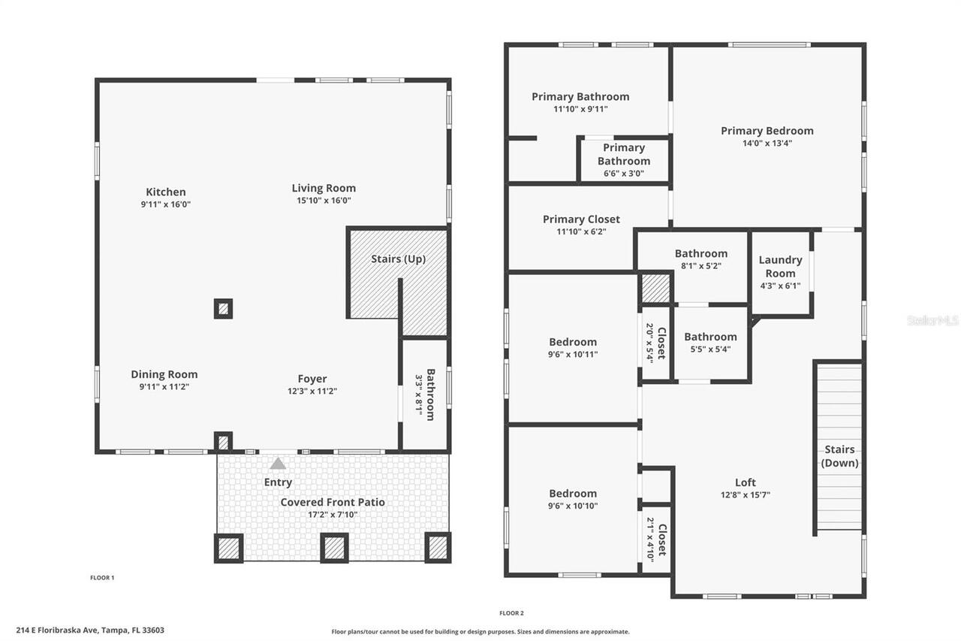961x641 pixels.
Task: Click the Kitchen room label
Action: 166,192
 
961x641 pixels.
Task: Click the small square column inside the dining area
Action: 223,308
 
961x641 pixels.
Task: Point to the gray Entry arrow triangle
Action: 278,464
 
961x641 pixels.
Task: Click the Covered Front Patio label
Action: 333,502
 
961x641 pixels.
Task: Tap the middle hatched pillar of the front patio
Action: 334,548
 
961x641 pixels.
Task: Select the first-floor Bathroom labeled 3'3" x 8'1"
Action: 425,393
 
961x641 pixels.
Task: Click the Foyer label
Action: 312,379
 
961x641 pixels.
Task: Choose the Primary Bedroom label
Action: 767,131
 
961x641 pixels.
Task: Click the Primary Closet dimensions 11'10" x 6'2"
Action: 581,232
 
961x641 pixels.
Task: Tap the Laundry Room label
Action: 781,266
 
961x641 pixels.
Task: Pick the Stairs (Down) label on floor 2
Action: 839,456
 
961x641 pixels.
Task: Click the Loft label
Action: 746,482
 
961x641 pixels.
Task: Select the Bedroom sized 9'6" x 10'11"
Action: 573,348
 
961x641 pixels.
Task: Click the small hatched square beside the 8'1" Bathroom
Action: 655,289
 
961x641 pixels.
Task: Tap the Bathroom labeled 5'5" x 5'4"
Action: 710,342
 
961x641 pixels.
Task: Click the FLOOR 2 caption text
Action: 511,613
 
